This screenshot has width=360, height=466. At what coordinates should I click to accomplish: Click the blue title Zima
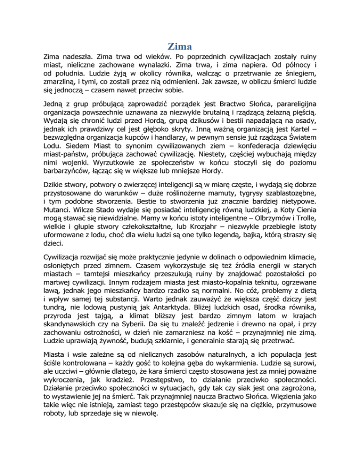pyautogui.click(x=180, y=46)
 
